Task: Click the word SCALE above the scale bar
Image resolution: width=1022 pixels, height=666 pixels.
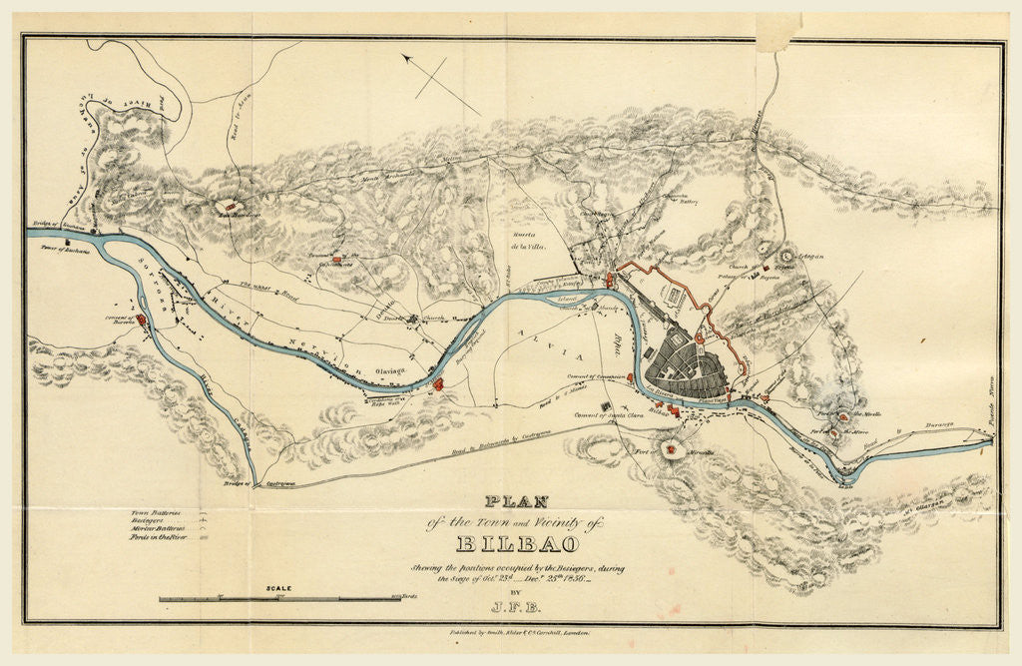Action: (278, 589)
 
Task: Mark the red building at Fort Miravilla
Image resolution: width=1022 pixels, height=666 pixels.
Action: (678, 449)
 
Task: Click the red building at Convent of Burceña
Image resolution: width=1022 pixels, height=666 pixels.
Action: (141, 320)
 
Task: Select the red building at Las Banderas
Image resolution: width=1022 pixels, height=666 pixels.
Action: (230, 206)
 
